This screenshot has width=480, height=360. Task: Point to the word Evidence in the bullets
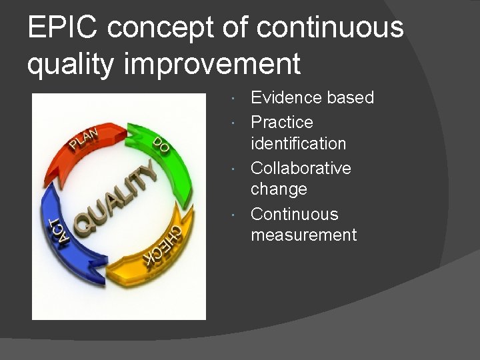[285, 98]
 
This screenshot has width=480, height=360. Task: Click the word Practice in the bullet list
[281, 123]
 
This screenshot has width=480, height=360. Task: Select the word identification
[298, 143]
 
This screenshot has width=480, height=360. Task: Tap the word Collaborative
[301, 168]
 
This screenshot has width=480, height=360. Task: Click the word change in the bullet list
[279, 189]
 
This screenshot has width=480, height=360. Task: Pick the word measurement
[303, 235]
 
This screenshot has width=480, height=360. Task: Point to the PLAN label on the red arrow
[85, 137]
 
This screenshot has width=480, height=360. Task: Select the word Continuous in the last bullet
[294, 215]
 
